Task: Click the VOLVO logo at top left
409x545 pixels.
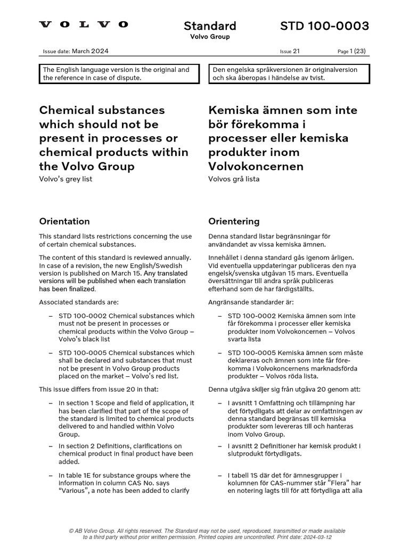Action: coord(84,24)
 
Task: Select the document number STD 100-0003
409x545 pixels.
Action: coord(324,26)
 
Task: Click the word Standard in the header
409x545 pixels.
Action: coord(210,26)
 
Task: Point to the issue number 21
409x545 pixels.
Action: coord(297,51)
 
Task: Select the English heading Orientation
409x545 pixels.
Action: coord(64,221)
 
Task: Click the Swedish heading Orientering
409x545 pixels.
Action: coord(234,221)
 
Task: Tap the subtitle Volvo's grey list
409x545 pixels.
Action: coord(66,179)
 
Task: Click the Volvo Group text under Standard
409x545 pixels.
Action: coord(210,37)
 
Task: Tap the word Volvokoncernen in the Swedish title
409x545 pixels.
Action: coord(256,166)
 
